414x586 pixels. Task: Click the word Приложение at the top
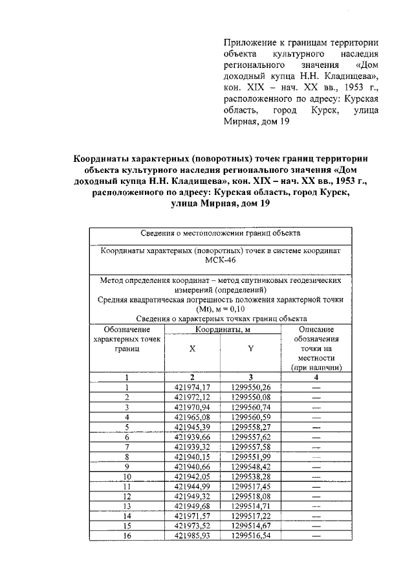[x=250, y=42]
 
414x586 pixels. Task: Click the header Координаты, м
[x=222, y=330]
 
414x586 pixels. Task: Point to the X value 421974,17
[x=192, y=387]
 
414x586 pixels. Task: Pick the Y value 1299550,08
[x=250, y=397]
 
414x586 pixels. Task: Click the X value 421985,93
[x=192, y=535]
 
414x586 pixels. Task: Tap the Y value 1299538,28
[x=250, y=477]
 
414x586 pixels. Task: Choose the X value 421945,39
[x=192, y=427]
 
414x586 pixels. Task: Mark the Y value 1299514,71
[x=250, y=506]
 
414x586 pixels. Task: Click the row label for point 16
[x=127, y=535]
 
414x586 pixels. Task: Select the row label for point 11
[x=127, y=486]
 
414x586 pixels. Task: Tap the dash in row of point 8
[x=316, y=456]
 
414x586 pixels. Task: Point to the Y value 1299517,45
[x=250, y=486]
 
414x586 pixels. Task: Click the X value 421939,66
[x=192, y=437]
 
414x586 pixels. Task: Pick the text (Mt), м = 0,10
[x=222, y=309]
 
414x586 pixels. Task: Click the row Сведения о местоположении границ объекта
[x=222, y=233]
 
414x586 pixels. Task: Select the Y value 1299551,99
[x=250, y=456]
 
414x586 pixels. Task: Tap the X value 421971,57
[x=192, y=516]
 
